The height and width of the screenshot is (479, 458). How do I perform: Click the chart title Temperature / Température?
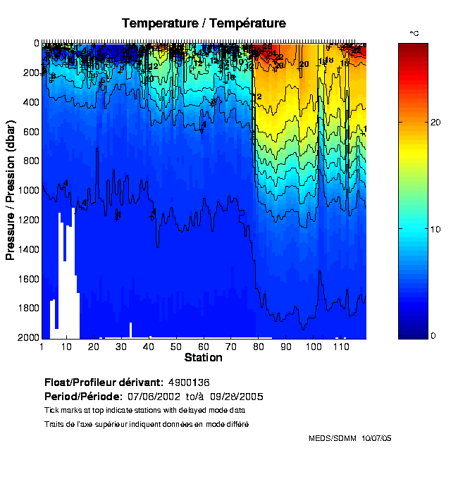point(204,23)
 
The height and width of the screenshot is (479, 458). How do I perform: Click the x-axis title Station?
point(203,358)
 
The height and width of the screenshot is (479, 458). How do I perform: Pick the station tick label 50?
point(176,347)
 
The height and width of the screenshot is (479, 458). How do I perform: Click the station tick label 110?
point(341,347)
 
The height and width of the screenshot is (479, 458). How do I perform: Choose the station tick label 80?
point(258,347)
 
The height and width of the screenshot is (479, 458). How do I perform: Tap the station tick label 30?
point(121,347)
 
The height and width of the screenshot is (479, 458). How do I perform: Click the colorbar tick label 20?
point(435,123)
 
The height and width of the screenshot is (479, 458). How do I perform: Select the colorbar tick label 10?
point(435,230)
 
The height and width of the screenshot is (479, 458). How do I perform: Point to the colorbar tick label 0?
point(433,335)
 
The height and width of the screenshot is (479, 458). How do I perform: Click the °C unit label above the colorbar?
point(414,34)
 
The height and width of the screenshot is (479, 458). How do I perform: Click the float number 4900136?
point(189,382)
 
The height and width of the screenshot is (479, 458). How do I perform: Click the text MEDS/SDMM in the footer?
point(333,438)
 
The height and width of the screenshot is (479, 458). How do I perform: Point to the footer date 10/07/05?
point(376,438)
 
